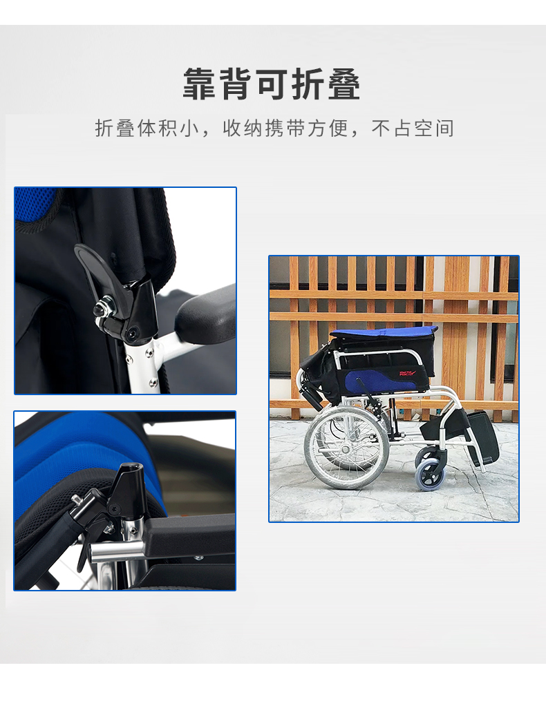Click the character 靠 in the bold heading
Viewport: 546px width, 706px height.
click(200, 84)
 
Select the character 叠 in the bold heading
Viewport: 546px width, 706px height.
click(343, 84)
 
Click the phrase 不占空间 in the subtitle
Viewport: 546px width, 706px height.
click(413, 128)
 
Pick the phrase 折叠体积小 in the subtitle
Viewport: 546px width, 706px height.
click(147, 128)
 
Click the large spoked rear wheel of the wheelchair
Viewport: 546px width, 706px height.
click(346, 448)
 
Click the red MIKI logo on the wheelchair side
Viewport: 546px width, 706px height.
click(407, 373)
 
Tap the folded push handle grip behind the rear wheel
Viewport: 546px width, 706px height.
click(312, 397)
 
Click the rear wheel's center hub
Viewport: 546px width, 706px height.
click(346, 449)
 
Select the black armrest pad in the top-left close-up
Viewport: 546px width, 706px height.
click(205, 313)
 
